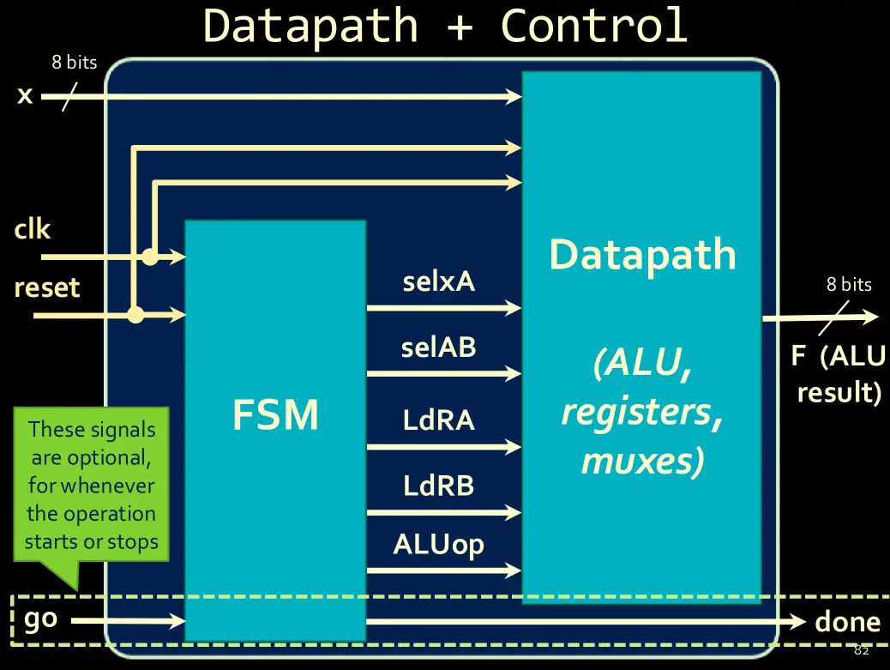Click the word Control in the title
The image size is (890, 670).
[593, 26]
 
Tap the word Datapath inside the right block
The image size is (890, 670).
[642, 256]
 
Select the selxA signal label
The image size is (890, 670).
[438, 281]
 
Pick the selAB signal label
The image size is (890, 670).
[438, 347]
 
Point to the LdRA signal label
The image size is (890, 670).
[438, 420]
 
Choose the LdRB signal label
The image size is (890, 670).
[438, 486]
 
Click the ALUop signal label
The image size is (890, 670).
[438, 546]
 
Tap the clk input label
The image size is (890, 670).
[33, 230]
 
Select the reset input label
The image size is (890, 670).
[47, 287]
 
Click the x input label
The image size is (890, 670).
[25, 94]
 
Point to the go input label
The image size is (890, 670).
[40, 619]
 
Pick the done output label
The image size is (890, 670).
[847, 622]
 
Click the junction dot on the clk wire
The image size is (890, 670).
[150, 256]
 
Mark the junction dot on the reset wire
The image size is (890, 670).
[135, 315]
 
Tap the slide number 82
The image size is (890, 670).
[862, 650]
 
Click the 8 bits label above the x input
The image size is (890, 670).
[74, 63]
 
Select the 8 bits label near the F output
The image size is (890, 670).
[849, 285]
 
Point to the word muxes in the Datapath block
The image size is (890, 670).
[642, 461]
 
